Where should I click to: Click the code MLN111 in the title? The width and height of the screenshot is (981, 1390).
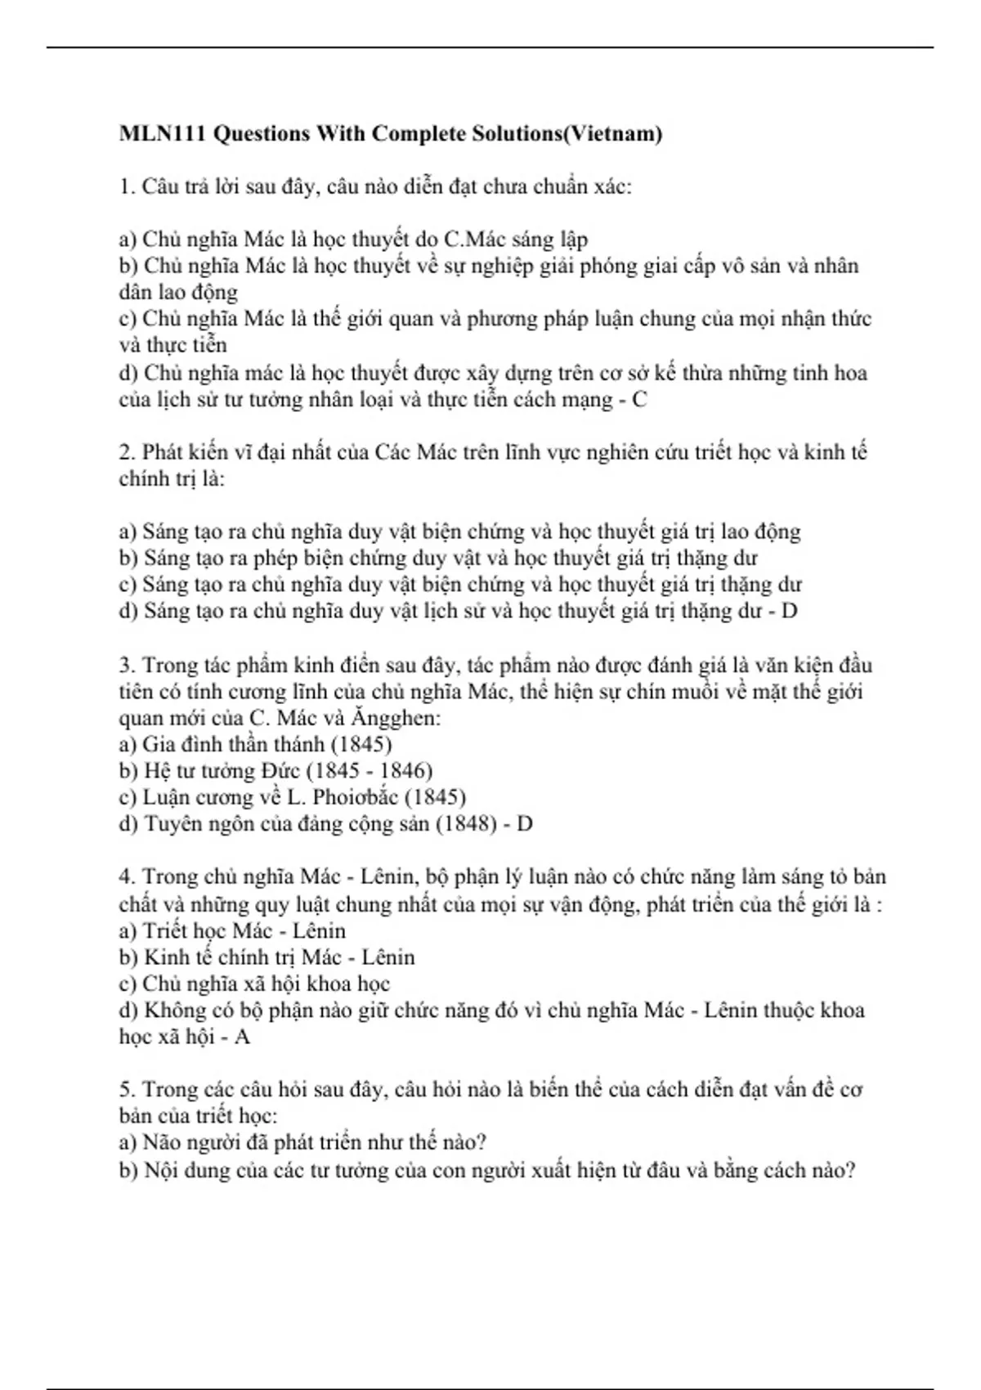click(162, 133)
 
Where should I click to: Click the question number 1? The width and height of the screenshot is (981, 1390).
click(126, 186)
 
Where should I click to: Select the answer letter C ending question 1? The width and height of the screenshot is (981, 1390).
click(640, 400)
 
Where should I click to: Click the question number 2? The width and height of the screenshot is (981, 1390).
click(126, 452)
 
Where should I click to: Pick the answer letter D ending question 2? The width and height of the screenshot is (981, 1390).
click(790, 611)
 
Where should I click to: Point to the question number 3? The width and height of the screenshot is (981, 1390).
click(126, 665)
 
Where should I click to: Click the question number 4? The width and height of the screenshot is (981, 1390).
click(126, 877)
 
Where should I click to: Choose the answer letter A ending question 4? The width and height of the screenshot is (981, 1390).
click(242, 1037)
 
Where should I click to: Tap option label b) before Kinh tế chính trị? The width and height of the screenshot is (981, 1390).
click(128, 957)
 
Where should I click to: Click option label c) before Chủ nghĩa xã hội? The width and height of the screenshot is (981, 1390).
click(128, 984)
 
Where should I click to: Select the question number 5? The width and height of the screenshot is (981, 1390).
click(126, 1089)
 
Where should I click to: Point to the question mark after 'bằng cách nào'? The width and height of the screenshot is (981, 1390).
click(850, 1170)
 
